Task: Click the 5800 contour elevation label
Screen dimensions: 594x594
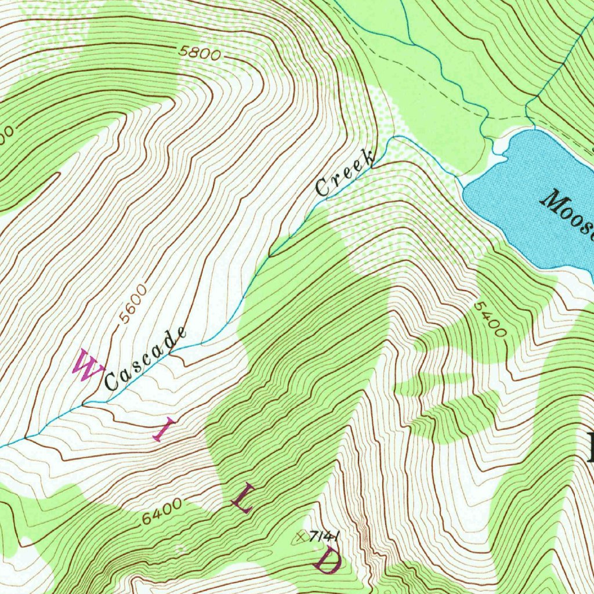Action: (x=200, y=53)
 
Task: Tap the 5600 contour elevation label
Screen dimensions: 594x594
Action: (x=132, y=304)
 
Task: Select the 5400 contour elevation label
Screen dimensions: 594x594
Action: (x=490, y=319)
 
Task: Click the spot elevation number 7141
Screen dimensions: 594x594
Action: (x=324, y=536)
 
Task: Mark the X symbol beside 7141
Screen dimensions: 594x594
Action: (x=300, y=537)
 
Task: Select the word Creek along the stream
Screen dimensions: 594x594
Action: (x=344, y=173)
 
